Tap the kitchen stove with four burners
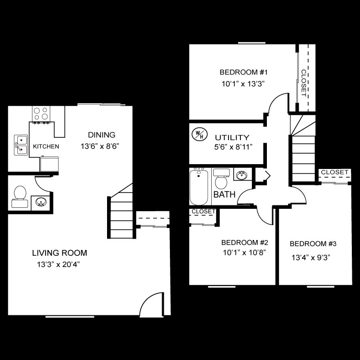click(x=42, y=114)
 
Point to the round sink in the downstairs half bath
click(x=41, y=202)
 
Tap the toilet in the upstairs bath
click(x=221, y=179)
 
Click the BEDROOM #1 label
click(x=243, y=73)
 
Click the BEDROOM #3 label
click(x=313, y=244)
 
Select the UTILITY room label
click(x=232, y=137)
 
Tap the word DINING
click(x=101, y=135)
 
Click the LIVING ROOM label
click(x=60, y=253)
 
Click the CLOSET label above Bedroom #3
click(x=335, y=172)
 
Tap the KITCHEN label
click(x=46, y=146)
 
